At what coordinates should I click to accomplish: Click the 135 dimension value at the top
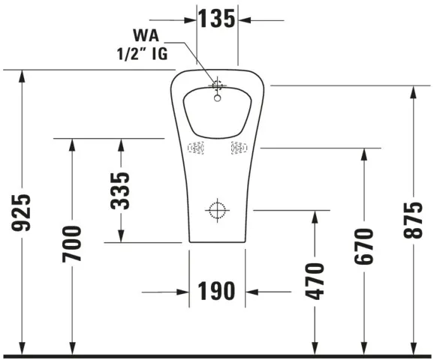pyautogui.click(x=217, y=19)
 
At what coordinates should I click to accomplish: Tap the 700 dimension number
pyautogui.click(x=72, y=244)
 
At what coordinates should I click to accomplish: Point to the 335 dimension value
pyautogui.click(x=121, y=190)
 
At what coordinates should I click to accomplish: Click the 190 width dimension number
pyautogui.click(x=217, y=291)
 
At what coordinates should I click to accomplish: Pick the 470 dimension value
pyautogui.click(x=314, y=280)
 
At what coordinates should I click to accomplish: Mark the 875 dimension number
pyautogui.click(x=412, y=220)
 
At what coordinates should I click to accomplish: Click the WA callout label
pyautogui.click(x=147, y=35)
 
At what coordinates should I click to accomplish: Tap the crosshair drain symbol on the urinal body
pyautogui.click(x=217, y=211)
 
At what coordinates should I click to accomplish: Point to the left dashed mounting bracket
pyautogui.click(x=196, y=148)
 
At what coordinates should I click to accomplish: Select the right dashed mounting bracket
pyautogui.click(x=239, y=148)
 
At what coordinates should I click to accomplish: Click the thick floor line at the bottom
pyautogui.click(x=217, y=355)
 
